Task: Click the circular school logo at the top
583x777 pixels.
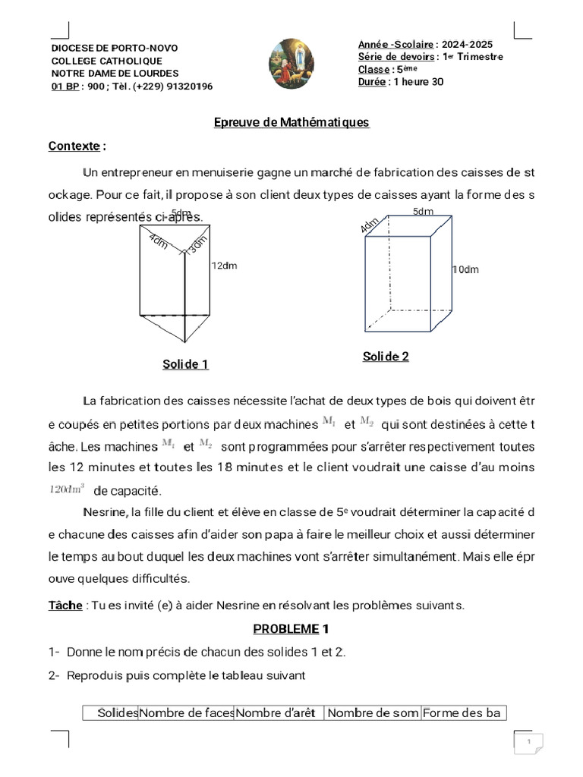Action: pos(291,64)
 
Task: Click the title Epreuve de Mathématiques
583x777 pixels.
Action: pos(291,122)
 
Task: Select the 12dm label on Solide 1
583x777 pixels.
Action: pos(225,266)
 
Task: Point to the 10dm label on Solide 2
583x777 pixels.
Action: pos(465,269)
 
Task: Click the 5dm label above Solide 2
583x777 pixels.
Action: pos(423,212)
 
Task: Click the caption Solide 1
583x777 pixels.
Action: pos(185,364)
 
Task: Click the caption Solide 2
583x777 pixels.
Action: pos(386,357)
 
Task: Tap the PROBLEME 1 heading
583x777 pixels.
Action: pos(291,629)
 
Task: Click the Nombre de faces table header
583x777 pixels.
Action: pos(186,713)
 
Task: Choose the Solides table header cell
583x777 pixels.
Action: pos(118,713)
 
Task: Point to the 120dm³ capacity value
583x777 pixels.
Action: pos(67,489)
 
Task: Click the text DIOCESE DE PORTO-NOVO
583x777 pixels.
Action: pos(114,48)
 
